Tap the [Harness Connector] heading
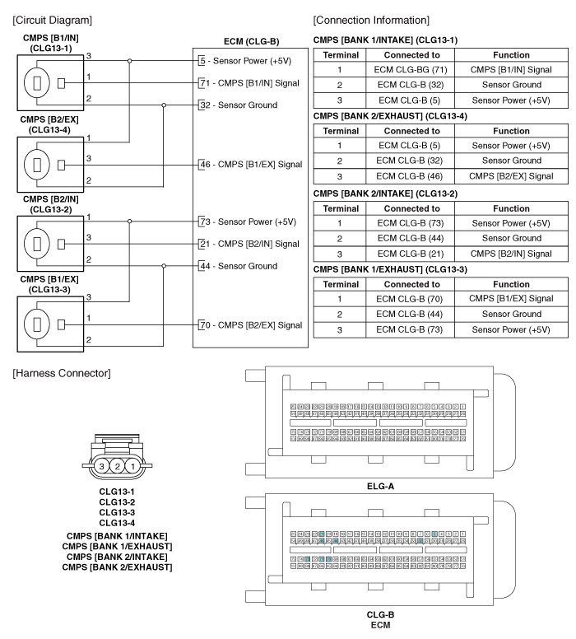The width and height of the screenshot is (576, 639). point(61,374)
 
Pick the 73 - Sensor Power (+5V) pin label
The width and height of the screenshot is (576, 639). point(246,222)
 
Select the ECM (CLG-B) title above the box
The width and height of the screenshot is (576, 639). point(251,40)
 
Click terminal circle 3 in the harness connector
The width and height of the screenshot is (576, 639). point(101,466)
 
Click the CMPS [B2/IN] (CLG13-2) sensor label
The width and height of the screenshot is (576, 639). point(51,203)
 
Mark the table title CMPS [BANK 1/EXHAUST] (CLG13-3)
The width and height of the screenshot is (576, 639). point(390,269)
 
